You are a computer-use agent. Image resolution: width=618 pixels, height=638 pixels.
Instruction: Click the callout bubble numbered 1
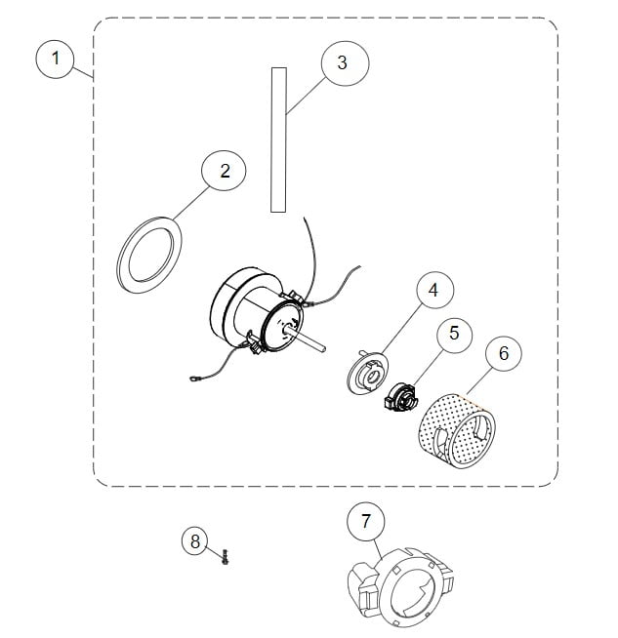point(56,59)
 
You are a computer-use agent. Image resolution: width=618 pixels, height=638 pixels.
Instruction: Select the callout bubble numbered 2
point(226,172)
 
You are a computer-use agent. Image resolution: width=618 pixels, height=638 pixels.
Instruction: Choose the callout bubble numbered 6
point(503,354)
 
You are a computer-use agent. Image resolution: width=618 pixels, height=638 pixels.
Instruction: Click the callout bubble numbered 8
point(195,539)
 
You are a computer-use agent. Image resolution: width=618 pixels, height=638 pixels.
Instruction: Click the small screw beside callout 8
point(226,557)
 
